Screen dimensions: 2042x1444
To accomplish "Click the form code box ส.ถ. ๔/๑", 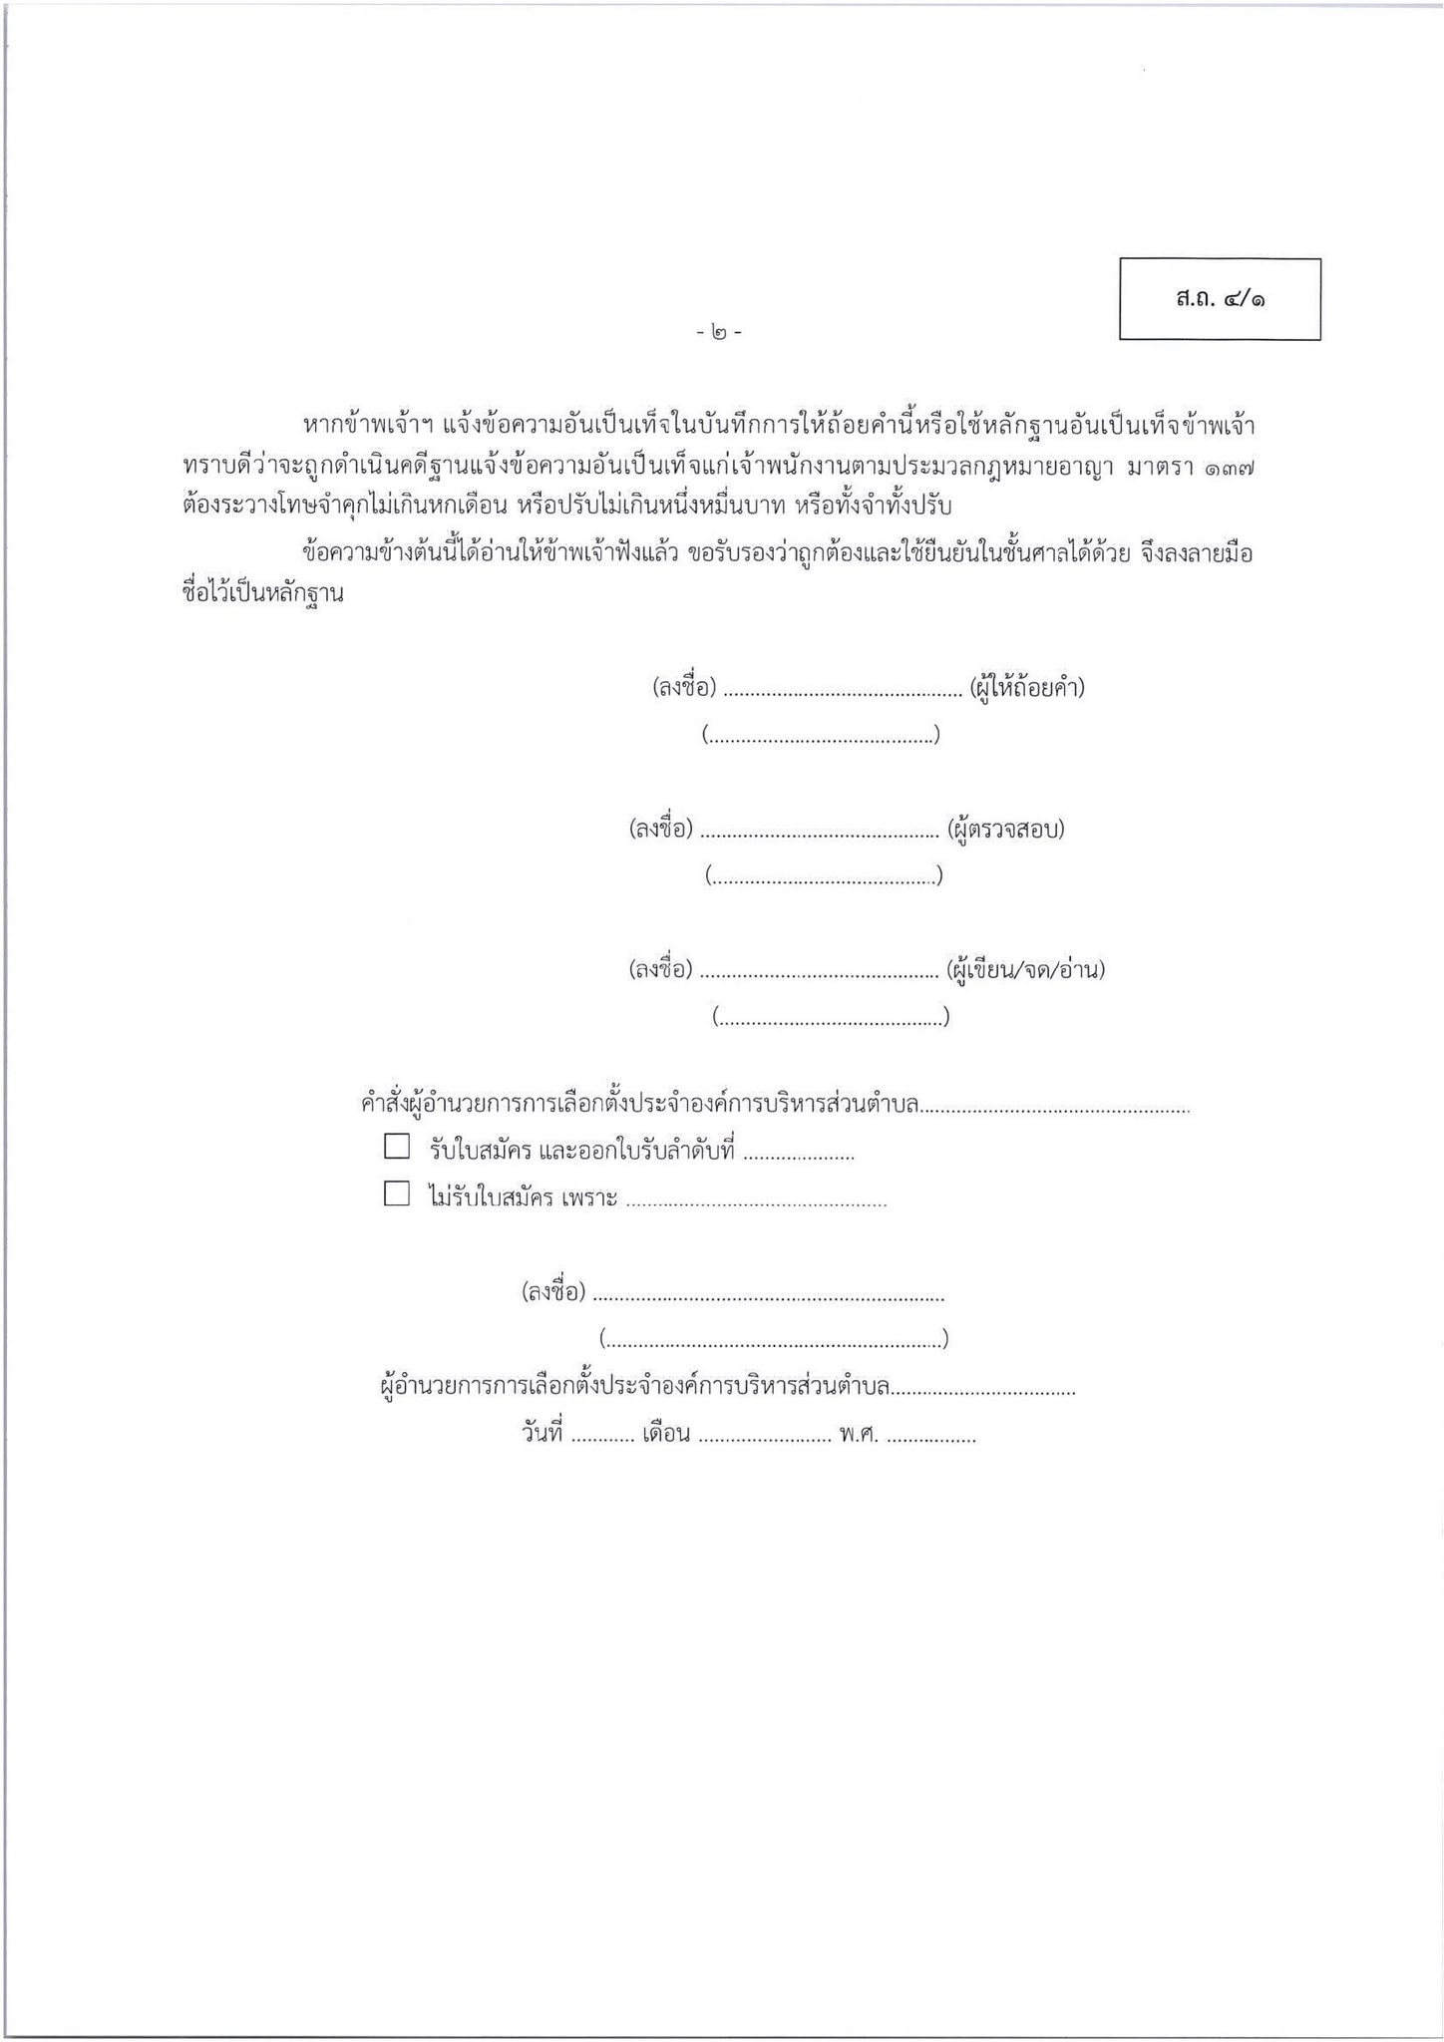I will click(x=1220, y=299).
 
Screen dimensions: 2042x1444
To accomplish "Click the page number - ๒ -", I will click(x=719, y=332).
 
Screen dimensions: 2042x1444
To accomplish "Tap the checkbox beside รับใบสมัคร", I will click(x=397, y=1147).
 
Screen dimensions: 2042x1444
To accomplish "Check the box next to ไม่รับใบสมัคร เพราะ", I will click(x=397, y=1193).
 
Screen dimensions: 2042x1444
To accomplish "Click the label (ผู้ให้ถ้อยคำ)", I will click(x=1026, y=687).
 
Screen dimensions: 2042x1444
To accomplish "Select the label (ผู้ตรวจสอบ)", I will click(x=1006, y=829).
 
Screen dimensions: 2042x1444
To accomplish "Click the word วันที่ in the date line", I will click(x=541, y=1434).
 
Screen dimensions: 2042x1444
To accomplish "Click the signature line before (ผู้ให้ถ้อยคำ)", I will click(x=841, y=690).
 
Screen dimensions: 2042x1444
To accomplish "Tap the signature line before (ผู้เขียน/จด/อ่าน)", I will click(x=820, y=971).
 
